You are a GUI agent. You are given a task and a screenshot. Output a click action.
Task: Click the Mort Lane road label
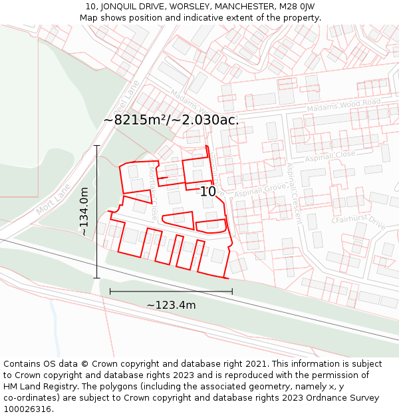(53, 199)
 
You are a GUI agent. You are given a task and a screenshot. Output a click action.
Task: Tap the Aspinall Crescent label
(293, 193)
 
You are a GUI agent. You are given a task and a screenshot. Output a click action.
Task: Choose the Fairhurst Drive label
(358, 219)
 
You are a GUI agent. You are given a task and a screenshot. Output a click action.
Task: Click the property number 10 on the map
(208, 192)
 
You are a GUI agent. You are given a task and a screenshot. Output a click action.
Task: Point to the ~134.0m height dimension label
(84, 212)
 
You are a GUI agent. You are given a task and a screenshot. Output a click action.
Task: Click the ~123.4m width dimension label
(171, 305)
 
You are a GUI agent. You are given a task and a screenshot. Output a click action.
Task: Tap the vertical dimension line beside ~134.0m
(97, 212)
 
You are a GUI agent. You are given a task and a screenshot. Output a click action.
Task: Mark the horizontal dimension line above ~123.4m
(171, 292)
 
